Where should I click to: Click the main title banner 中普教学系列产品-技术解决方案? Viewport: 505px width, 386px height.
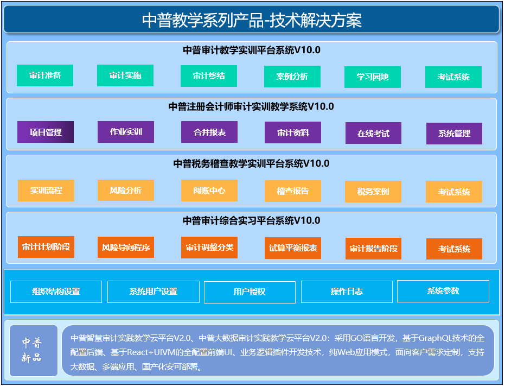(x=251, y=20)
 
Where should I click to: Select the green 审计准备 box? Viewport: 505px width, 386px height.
(x=45, y=75)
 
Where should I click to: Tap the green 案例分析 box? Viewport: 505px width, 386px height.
(x=292, y=77)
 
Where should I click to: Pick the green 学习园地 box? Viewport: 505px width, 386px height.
(x=373, y=77)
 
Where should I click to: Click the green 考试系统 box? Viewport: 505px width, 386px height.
(x=453, y=77)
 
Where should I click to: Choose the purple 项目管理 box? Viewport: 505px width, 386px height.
(x=46, y=132)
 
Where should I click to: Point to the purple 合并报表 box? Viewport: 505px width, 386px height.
(x=209, y=132)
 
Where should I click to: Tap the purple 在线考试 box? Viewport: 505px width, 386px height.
(x=373, y=133)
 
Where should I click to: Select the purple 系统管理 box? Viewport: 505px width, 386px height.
(x=454, y=134)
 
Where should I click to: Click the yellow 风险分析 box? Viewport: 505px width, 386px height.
(x=126, y=190)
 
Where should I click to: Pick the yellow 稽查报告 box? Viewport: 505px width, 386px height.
(x=293, y=191)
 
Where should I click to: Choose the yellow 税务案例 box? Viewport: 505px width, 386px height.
(x=373, y=192)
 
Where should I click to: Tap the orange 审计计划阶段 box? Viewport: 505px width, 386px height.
(x=46, y=247)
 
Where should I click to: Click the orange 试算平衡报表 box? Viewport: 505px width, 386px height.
(x=293, y=248)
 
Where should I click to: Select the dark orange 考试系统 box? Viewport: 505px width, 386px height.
(x=454, y=249)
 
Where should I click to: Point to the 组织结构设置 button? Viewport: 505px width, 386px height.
(x=56, y=292)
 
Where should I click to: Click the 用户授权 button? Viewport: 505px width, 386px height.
(x=250, y=292)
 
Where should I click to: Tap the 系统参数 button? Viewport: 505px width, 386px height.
(x=443, y=291)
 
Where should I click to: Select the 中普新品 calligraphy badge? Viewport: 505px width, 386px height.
(x=34, y=351)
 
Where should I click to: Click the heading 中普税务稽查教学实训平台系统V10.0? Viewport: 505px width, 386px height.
(x=251, y=163)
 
